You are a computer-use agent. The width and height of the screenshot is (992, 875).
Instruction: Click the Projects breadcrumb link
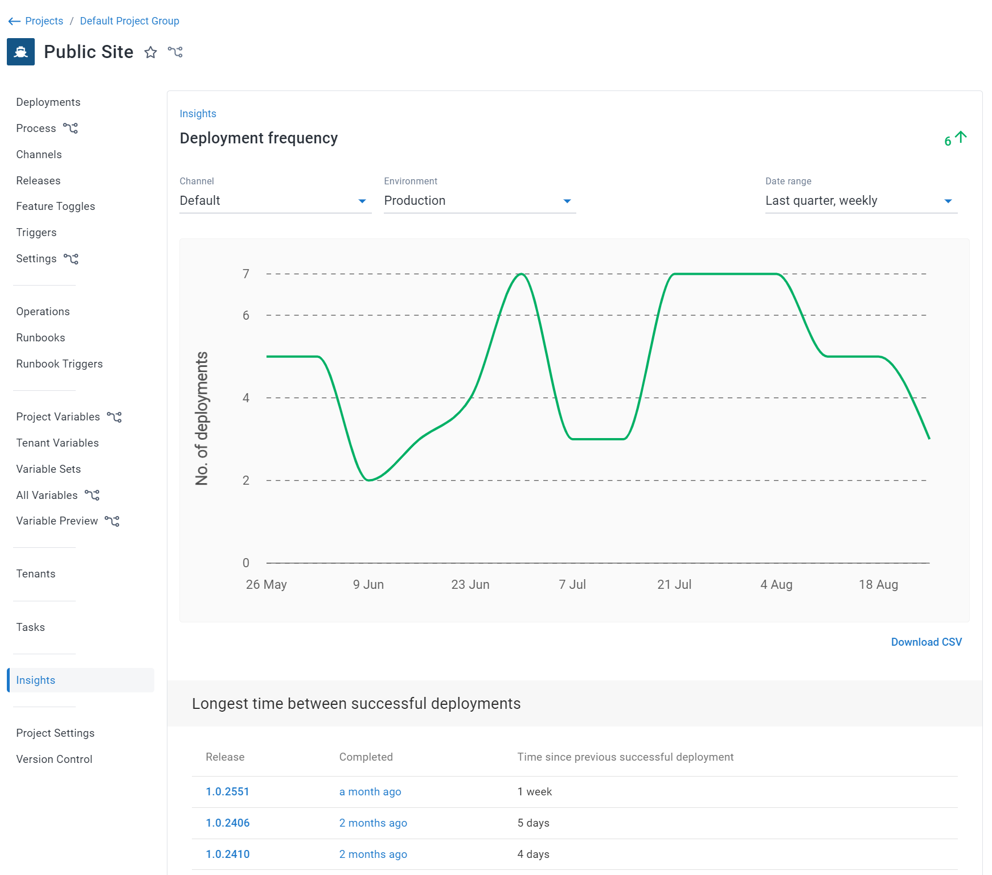pyautogui.click(x=44, y=21)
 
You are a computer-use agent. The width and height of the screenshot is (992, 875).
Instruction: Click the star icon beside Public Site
pyautogui.click(x=150, y=52)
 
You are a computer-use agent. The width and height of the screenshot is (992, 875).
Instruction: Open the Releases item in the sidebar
pyautogui.click(x=38, y=180)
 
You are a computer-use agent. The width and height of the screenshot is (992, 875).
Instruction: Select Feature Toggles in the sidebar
pyautogui.click(x=55, y=206)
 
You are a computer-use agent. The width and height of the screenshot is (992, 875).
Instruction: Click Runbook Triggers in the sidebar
pyautogui.click(x=59, y=364)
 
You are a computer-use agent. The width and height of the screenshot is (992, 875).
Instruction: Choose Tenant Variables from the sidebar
pyautogui.click(x=57, y=443)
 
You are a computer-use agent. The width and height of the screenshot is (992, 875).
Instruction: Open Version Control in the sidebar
pyautogui.click(x=54, y=759)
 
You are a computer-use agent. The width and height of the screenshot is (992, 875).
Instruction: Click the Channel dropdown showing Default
pyautogui.click(x=275, y=201)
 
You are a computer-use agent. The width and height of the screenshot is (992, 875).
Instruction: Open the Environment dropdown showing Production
pyautogui.click(x=479, y=201)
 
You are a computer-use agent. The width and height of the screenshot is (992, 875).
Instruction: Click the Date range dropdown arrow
pyautogui.click(x=948, y=201)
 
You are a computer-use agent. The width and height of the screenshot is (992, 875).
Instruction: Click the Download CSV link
pyautogui.click(x=926, y=642)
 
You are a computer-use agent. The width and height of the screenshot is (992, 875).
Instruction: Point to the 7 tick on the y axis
pyautogui.click(x=246, y=274)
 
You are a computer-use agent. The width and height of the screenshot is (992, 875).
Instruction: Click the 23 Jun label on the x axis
pyautogui.click(x=470, y=584)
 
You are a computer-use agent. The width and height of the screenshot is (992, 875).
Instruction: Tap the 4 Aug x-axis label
pyautogui.click(x=776, y=584)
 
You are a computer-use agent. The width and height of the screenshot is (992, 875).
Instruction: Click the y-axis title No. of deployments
pyautogui.click(x=202, y=418)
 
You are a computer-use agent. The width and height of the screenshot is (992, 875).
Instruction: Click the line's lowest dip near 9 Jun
pyautogui.click(x=370, y=480)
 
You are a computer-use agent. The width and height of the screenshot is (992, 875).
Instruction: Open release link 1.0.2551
pyautogui.click(x=227, y=791)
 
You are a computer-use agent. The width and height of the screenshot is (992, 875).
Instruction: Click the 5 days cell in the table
pyautogui.click(x=533, y=823)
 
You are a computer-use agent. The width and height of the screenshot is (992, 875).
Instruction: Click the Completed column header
pyautogui.click(x=366, y=757)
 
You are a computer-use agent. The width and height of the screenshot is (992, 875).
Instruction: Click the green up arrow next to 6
pyautogui.click(x=961, y=137)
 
